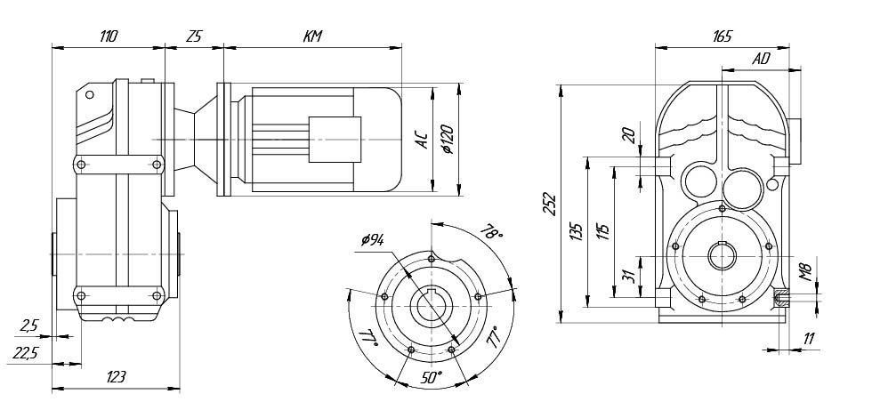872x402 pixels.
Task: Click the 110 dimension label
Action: point(109,36)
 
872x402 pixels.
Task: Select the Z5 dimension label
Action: point(194,36)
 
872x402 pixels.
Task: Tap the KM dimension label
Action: point(311,36)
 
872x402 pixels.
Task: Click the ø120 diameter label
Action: point(448,138)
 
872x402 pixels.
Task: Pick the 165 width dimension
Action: point(722,36)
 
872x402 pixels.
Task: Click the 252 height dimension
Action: point(549,205)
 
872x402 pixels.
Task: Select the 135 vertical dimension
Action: point(577,233)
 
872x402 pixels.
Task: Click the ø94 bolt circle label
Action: point(373,241)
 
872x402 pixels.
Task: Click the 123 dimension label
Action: point(116,377)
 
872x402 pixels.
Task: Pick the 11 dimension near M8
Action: point(807,338)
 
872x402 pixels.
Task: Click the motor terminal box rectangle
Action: point(335,141)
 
